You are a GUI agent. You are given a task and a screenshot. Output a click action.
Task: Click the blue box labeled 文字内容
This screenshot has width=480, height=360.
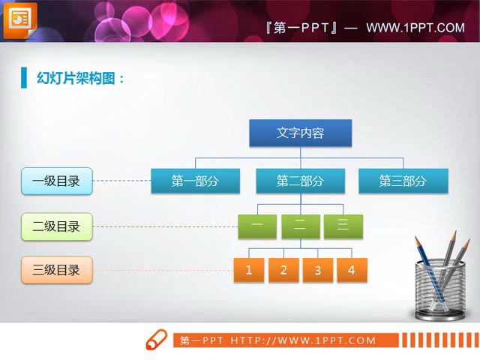pos(300,133)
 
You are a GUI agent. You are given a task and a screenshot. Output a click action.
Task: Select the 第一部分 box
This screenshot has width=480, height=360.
pos(195,181)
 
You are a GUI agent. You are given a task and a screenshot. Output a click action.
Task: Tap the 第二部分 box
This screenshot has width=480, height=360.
pos(300,181)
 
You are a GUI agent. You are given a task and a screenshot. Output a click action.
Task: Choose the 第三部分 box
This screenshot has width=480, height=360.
pos(403,181)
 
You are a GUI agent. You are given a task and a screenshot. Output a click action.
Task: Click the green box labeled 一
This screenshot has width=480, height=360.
pos(256,226)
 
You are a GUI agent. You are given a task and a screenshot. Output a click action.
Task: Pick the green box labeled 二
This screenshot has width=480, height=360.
pos(300,226)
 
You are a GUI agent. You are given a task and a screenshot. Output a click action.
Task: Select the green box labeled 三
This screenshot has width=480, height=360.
pos(343,226)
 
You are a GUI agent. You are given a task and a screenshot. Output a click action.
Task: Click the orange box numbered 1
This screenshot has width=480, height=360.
pos(249,270)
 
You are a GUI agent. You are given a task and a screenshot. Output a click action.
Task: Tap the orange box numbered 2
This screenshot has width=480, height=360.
pos(283,270)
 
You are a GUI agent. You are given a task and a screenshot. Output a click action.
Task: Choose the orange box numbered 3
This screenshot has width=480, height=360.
pos(317,270)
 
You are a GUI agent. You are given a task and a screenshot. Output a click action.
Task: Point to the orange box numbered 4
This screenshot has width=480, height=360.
pos(351,270)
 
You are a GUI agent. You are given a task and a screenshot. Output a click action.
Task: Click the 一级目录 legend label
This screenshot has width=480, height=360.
pos(56,181)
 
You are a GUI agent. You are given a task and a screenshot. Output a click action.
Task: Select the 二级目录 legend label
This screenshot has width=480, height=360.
pos(56,226)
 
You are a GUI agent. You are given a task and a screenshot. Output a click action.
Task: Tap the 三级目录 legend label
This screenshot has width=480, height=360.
pos(56,270)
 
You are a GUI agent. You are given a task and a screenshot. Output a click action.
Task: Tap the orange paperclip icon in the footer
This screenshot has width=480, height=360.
pos(155,339)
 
